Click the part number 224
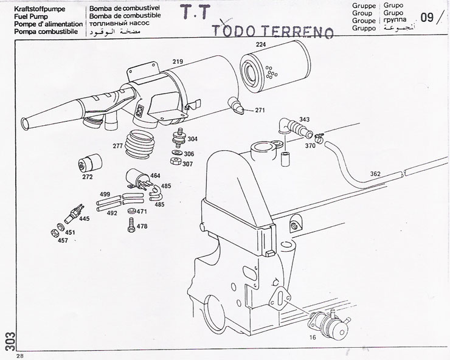[261, 44]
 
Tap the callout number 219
[178, 61]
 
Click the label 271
[260, 110]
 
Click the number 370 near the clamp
[310, 146]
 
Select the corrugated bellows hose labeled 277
[141, 147]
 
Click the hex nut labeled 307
[173, 163]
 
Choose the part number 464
[155, 176]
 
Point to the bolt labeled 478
[130, 224]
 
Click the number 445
[85, 218]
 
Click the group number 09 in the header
[427, 17]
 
